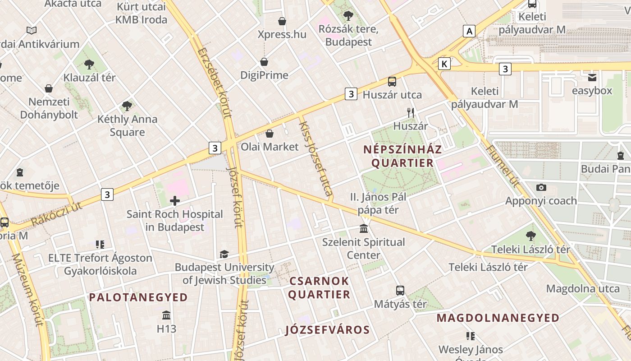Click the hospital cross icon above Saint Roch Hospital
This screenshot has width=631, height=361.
175,201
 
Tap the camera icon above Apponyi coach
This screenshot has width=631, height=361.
541,187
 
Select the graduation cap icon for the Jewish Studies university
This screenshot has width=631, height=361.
224,255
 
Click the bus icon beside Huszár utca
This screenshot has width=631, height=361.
392,82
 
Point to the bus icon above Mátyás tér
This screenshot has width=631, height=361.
400,290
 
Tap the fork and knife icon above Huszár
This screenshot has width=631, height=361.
410,113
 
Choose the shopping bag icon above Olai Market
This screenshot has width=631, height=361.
270,134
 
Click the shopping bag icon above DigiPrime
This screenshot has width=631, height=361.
264,62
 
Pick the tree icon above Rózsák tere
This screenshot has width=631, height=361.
348,16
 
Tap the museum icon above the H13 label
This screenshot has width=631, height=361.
166,315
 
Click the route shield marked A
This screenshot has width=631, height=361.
470,31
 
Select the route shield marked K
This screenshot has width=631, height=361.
444,64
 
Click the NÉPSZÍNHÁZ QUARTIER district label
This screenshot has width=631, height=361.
402,156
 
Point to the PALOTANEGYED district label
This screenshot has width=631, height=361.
138,297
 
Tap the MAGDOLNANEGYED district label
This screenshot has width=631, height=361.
498,318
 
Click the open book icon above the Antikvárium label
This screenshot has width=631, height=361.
31,31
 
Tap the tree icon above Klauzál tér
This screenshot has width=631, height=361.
89,64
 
